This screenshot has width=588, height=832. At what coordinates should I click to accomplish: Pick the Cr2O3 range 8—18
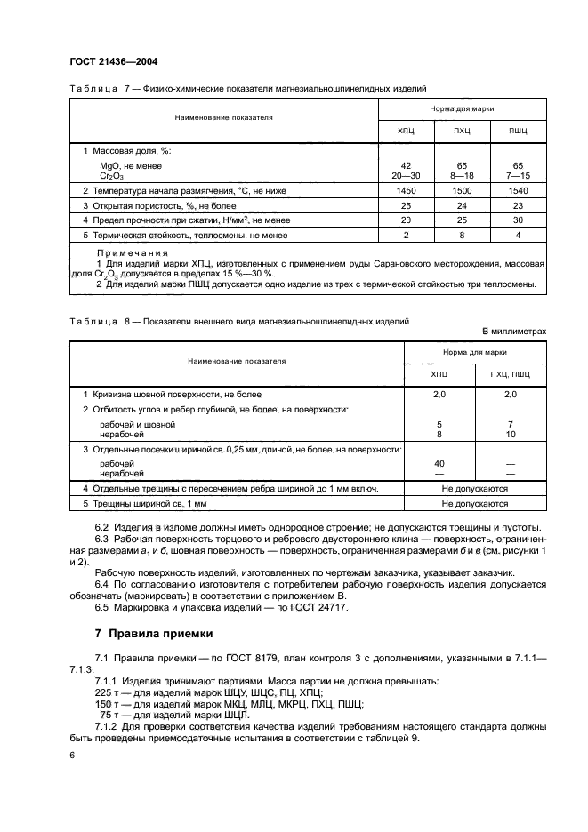point(462,176)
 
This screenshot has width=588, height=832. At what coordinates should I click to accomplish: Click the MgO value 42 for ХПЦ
point(406,166)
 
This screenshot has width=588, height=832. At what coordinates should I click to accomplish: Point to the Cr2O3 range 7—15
point(517,176)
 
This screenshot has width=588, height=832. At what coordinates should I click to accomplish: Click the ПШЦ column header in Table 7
point(517,132)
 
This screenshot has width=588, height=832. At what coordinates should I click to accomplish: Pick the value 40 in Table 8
point(439,463)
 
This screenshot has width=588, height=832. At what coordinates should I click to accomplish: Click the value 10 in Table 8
point(510,435)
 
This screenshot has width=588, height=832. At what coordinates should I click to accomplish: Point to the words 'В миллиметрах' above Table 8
point(513,331)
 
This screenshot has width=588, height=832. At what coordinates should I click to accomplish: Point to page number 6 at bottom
point(72,754)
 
